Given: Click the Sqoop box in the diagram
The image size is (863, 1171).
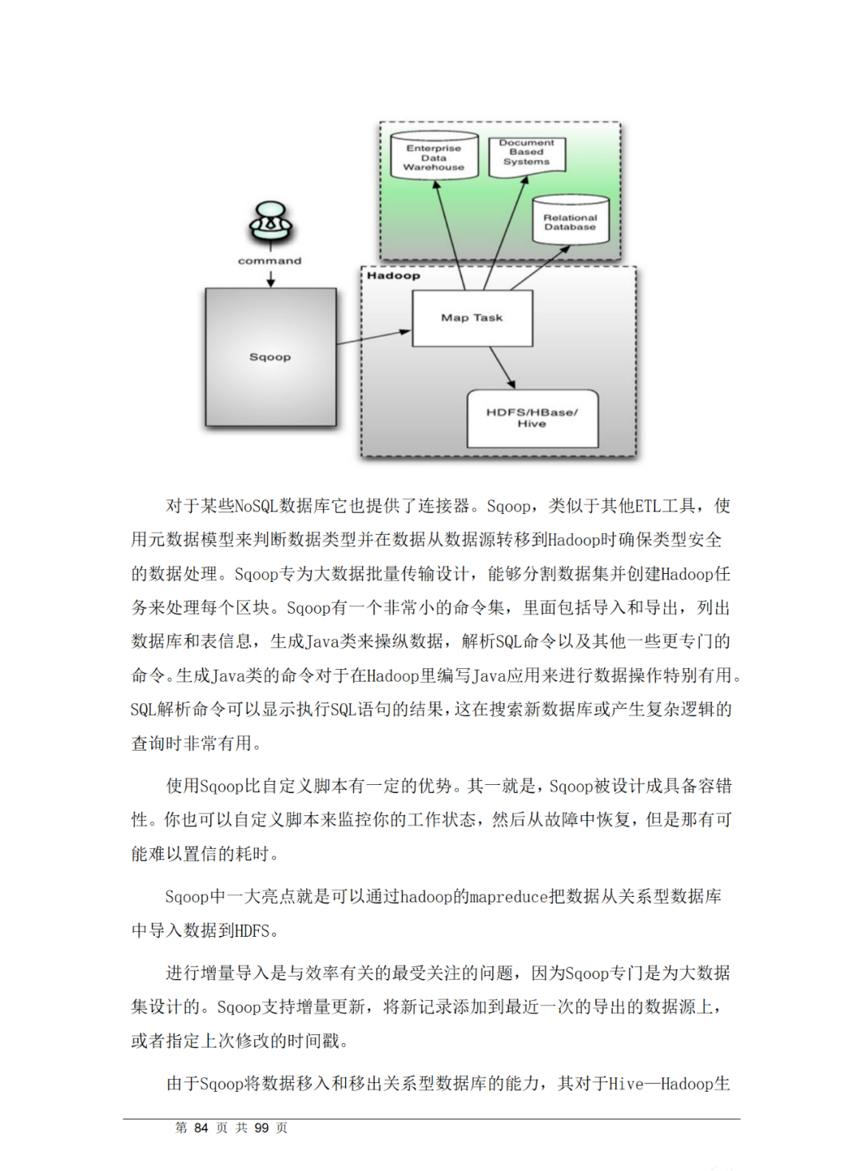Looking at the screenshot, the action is [x=270, y=356].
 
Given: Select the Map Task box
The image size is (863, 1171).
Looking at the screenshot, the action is [x=471, y=318].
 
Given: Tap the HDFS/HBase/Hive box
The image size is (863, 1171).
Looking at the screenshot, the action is [x=532, y=418].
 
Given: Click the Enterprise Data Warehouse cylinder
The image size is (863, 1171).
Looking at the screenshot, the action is [x=434, y=157].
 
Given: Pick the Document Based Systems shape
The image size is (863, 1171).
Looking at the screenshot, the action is [x=526, y=153].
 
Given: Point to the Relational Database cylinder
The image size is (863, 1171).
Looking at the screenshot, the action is [x=571, y=221].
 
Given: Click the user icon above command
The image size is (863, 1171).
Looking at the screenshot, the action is [x=270, y=223].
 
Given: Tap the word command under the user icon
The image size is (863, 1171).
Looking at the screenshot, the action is [x=270, y=261].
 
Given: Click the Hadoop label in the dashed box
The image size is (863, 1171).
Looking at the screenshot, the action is [x=393, y=276].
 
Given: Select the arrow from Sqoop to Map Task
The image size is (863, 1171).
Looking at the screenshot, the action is [x=373, y=337].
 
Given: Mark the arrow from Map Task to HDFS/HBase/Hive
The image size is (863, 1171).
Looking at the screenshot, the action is [x=502, y=368].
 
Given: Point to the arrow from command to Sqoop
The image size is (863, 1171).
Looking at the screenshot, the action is [x=271, y=277].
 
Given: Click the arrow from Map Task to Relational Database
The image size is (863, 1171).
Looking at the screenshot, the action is [x=540, y=267].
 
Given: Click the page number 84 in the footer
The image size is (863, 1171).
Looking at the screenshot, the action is [x=201, y=1128].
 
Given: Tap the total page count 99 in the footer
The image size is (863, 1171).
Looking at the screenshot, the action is [x=261, y=1128].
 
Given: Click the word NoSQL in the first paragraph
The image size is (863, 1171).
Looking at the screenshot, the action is [x=256, y=506].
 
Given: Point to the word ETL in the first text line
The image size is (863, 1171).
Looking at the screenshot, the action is [x=647, y=506].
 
